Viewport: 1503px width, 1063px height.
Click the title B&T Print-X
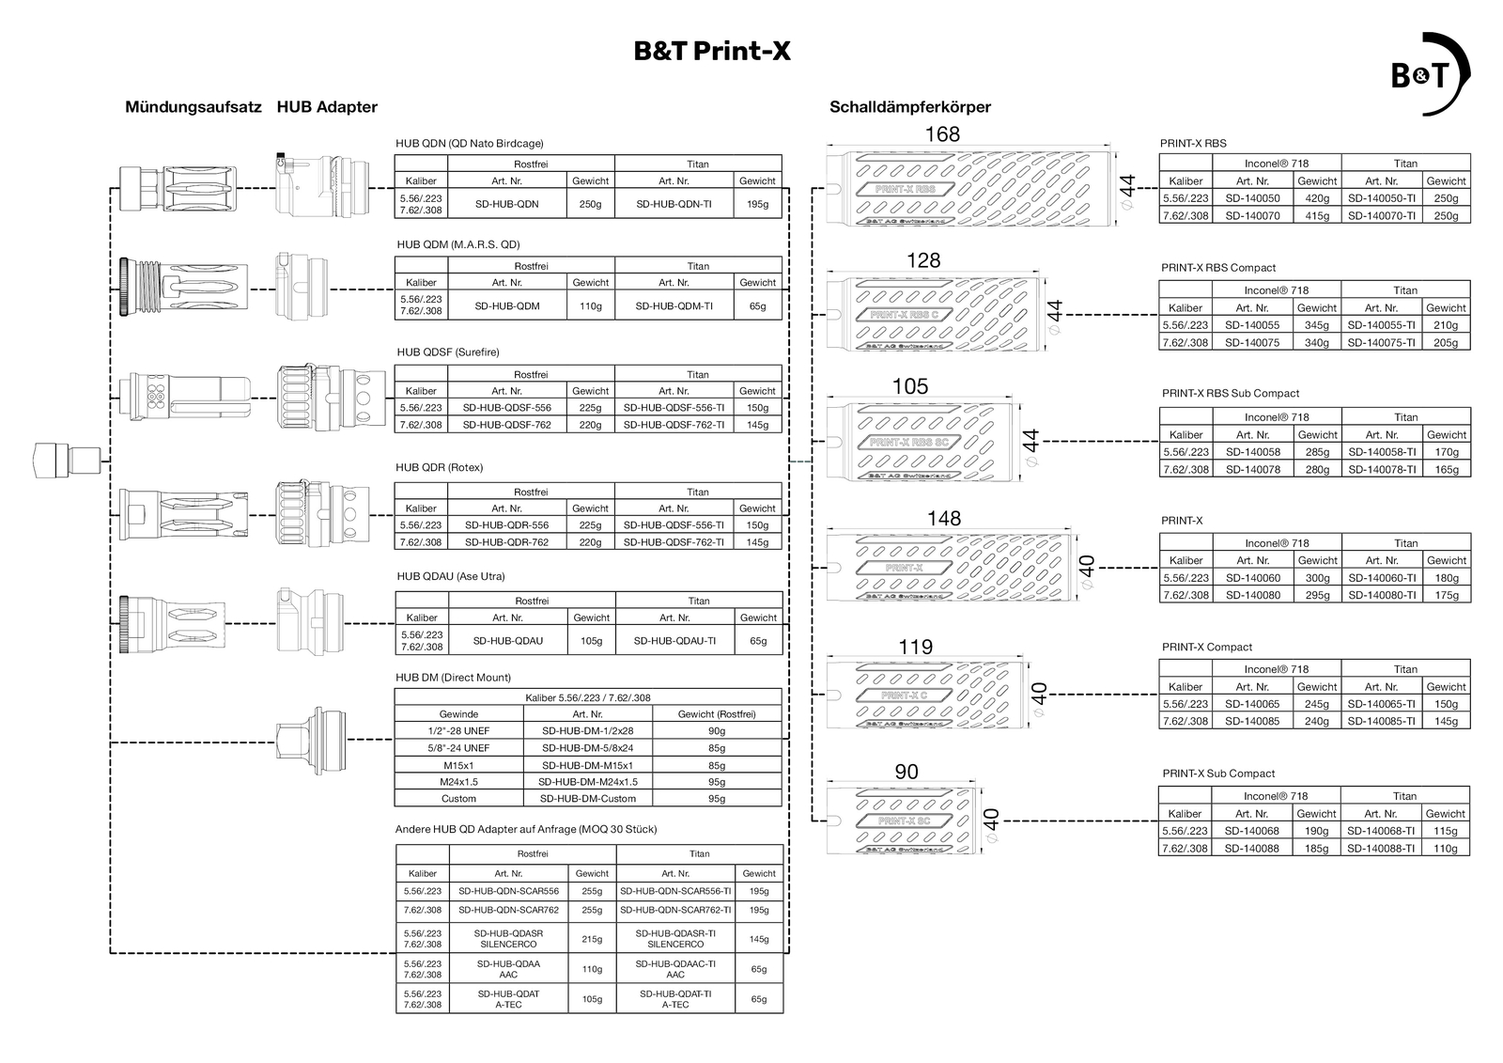[x=712, y=51]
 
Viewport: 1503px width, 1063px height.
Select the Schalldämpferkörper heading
[x=909, y=107]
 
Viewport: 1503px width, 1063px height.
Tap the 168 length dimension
[x=942, y=134]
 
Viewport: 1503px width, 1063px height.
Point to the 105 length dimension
[x=909, y=386]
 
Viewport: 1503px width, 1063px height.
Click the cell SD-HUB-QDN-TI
[x=674, y=204]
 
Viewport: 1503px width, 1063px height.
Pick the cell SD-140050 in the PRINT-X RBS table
[x=1252, y=198]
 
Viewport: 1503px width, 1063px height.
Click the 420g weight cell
[x=1317, y=198]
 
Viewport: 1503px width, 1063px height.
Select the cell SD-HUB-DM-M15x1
[x=587, y=765]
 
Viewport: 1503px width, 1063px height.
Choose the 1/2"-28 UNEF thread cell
[x=458, y=731]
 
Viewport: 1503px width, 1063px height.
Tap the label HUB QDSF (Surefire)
[x=448, y=352]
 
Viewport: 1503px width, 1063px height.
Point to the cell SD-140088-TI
[x=1380, y=849]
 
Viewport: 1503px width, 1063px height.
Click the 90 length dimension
[x=906, y=773]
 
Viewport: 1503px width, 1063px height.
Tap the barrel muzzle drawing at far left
[x=66, y=460]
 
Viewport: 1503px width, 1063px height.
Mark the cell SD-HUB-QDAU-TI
[x=674, y=641]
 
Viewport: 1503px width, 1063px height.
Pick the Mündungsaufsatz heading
[x=193, y=107]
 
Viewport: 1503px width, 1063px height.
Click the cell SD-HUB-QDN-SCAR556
[x=508, y=891]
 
